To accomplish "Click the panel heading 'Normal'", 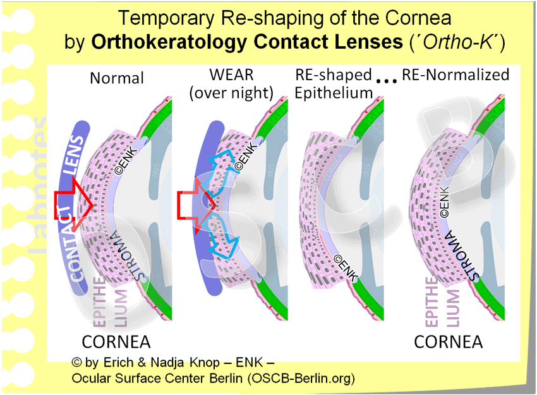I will pyautogui.click(x=117, y=78).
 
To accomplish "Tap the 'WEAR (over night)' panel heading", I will pyautogui.click(x=231, y=84).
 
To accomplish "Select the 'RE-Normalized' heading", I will pyautogui.click(x=456, y=75).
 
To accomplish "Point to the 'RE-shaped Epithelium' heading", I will pyautogui.click(x=334, y=84).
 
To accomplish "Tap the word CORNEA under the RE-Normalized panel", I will pyautogui.click(x=448, y=342).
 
